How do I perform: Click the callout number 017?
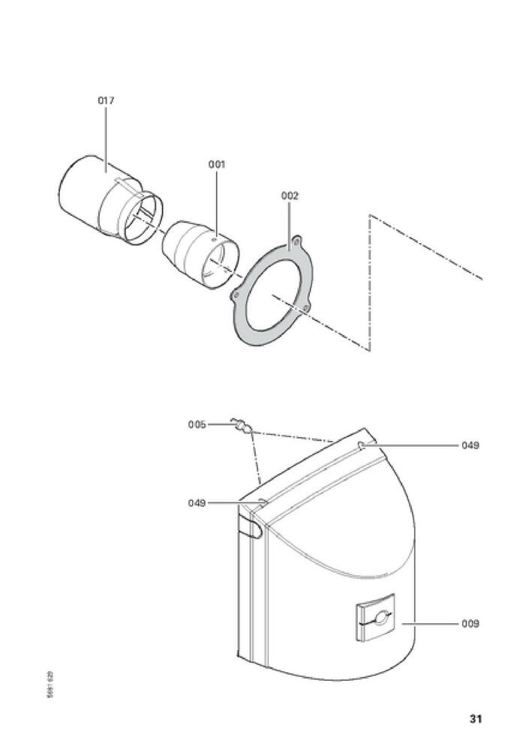coord(106,100)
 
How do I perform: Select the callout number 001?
coord(216,164)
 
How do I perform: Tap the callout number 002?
coord(290,196)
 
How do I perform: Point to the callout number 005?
coord(197,424)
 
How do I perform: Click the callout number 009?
coord(470,624)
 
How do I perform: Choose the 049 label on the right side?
coord(470,445)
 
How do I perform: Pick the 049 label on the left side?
coord(197,503)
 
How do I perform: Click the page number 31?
coord(475,719)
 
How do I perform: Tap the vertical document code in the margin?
coord(51,685)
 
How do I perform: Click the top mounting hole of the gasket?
coord(297,241)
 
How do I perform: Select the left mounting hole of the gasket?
coord(236,297)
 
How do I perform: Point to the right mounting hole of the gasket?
coord(306,307)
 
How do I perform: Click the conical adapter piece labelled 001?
coord(200,255)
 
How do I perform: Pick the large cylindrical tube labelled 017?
coord(110,200)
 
